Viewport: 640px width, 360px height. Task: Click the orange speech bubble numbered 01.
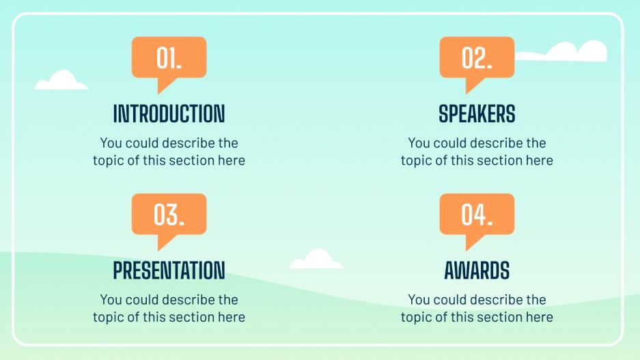pos(169,57)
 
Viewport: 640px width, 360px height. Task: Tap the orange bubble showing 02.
pos(476,57)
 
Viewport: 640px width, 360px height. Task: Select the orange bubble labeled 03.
pos(169,214)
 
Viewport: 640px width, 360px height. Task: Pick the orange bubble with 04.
pos(476,214)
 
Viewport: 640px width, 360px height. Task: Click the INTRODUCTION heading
pos(169,113)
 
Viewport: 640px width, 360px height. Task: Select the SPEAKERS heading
pos(477,113)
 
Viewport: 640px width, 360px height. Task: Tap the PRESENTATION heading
pos(169,271)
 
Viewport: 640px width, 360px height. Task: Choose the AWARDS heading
pos(477,271)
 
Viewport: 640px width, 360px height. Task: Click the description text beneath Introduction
pos(169,152)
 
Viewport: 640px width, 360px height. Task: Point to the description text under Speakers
pos(477,152)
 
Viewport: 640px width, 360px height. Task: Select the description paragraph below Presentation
pos(169,308)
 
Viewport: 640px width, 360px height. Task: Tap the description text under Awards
pos(477,308)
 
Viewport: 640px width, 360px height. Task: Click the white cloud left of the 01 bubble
pos(61,81)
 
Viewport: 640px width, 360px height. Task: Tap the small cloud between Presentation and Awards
pos(316,260)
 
